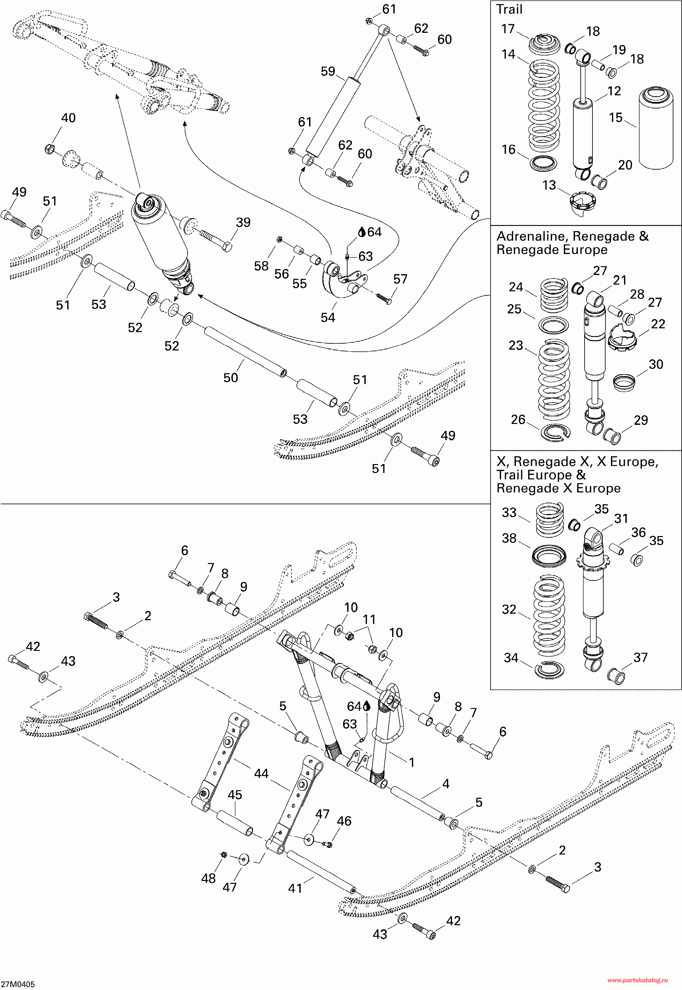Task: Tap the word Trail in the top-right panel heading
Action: pos(509,10)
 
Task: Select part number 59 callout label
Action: pos(328,71)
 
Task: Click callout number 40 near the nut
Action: pos(68,118)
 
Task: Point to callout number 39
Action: pos(243,222)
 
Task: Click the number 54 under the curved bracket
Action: pos(328,317)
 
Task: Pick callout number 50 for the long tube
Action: pos(231,377)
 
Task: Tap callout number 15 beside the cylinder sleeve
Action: pos(615,118)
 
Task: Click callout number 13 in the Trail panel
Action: pos(549,185)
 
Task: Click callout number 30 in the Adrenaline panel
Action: pos(656,364)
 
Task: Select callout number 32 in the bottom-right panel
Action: pos(509,609)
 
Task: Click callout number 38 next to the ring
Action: pos(509,538)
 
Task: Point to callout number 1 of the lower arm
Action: pos(412,762)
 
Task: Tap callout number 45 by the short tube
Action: pos(234,795)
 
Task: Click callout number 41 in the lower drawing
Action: pos(295,888)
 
